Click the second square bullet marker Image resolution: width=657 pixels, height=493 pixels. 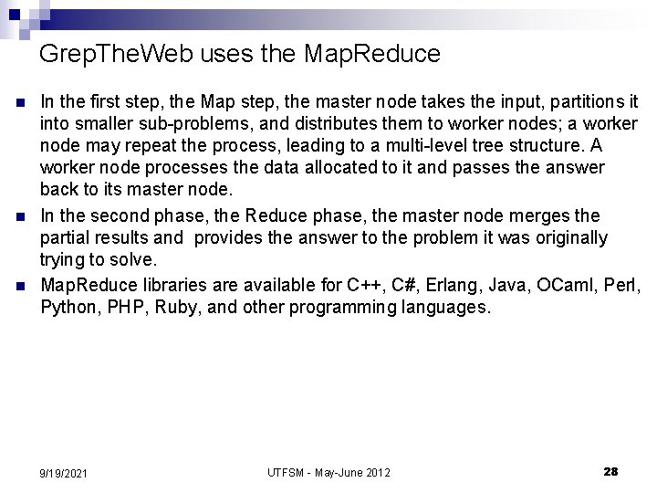[x=17, y=215]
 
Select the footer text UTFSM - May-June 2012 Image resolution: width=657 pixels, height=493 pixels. [x=328, y=472]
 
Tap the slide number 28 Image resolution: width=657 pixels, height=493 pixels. [x=610, y=471]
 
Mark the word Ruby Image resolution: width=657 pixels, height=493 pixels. [x=173, y=306]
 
